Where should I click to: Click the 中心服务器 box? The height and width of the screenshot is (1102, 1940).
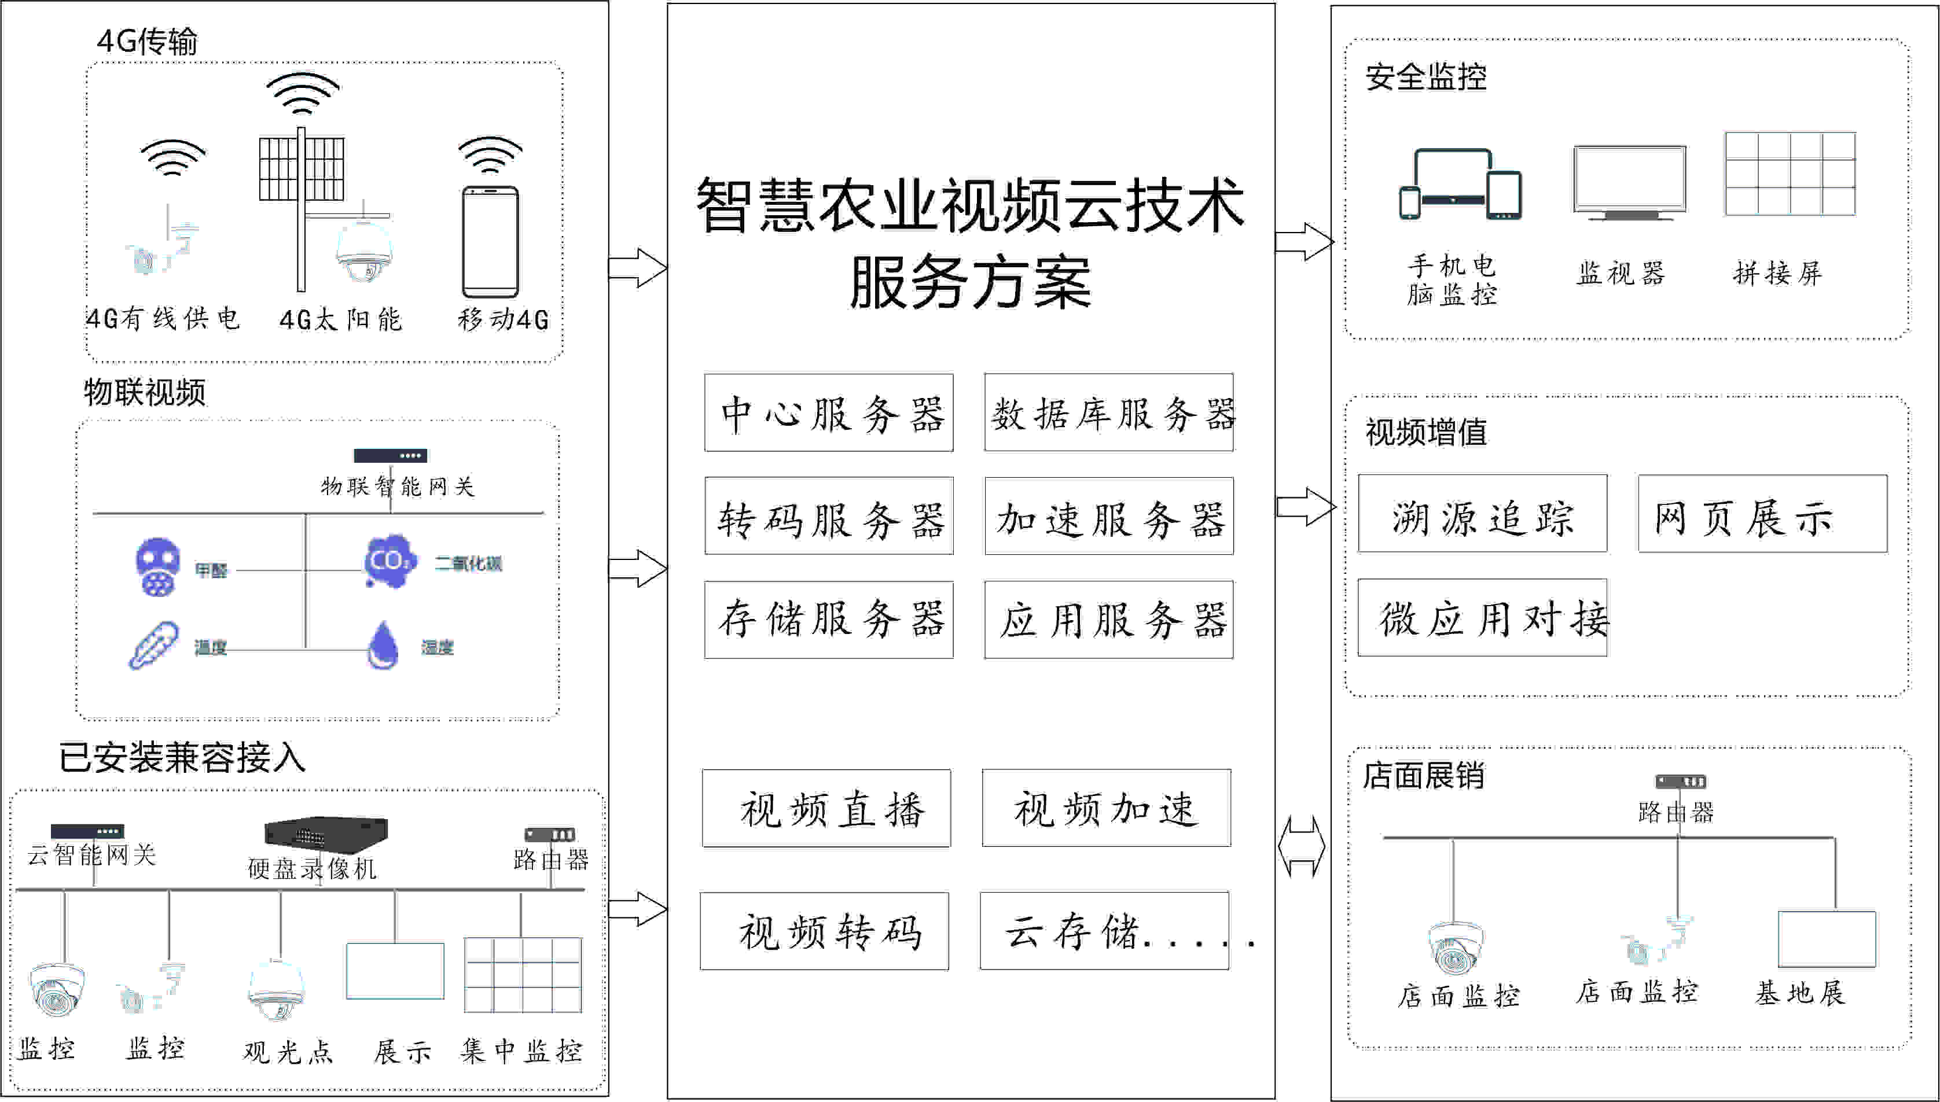(828, 412)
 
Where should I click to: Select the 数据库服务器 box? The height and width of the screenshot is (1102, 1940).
(1108, 412)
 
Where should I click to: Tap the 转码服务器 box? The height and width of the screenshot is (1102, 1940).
(828, 516)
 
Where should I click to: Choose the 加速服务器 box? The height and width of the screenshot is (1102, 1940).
(1108, 516)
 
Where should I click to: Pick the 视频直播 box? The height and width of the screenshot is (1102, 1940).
(826, 808)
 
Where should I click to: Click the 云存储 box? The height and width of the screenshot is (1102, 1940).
(1104, 931)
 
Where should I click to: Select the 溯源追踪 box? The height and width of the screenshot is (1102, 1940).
(1482, 514)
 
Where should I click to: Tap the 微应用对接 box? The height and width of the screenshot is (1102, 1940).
(1482, 618)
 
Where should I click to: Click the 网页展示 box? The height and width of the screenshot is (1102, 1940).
(1762, 514)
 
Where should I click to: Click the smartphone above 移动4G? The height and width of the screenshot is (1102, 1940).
(491, 242)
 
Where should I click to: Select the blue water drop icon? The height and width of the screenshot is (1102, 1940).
(383, 646)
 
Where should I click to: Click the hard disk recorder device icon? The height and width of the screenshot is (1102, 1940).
(326, 832)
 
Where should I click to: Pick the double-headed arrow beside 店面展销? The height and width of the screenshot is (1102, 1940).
(1302, 847)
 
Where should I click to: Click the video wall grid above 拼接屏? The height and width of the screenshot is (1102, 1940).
(1790, 174)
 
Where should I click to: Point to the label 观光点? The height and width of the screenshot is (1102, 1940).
(288, 1051)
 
